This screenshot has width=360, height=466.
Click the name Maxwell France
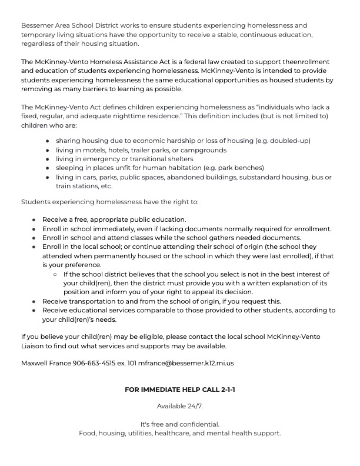(46, 364)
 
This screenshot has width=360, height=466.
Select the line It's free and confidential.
(180, 424)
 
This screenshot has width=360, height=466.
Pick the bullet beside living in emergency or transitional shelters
(47, 159)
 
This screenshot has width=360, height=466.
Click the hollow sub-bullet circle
(55, 275)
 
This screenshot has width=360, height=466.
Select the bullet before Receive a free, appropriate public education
(34, 219)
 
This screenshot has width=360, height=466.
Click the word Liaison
(33, 347)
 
